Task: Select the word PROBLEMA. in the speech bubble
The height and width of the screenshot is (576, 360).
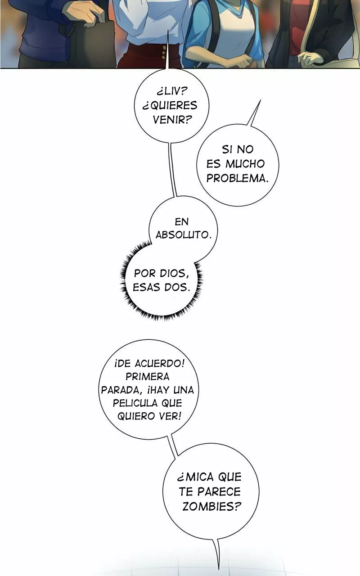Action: (237, 178)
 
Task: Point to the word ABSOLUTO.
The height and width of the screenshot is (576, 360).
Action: (183, 235)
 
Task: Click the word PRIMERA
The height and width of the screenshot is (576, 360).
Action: (147, 377)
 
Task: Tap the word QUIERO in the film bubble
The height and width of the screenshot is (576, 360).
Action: (136, 416)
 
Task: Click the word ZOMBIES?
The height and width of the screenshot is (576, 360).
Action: (210, 506)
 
